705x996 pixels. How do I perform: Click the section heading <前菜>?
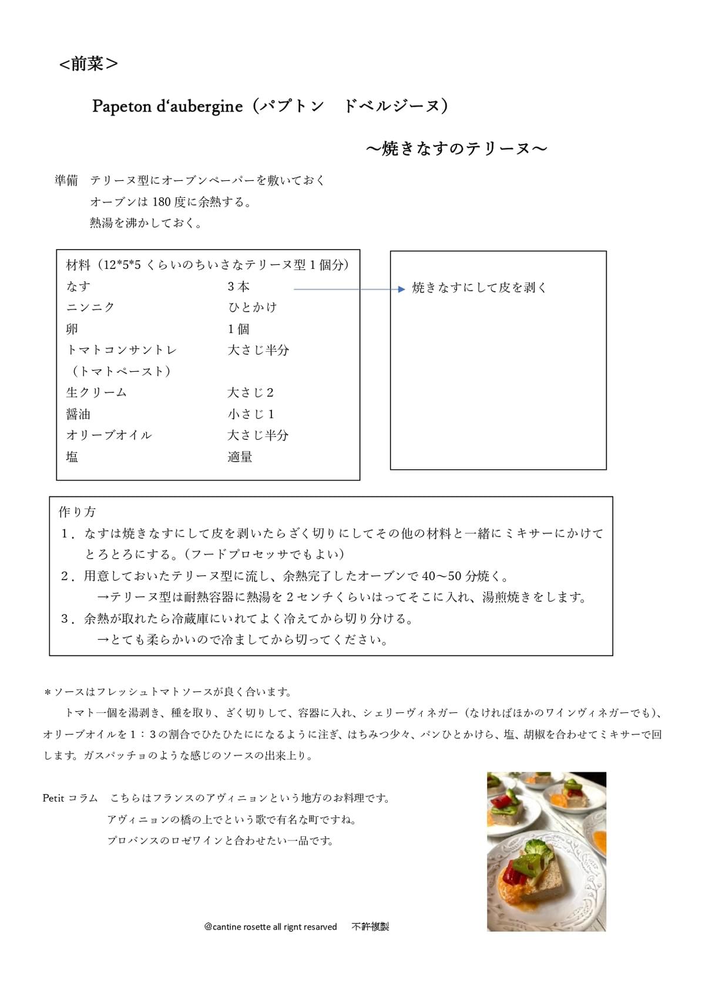pos(88,63)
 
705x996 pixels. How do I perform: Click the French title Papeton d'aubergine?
pos(167,106)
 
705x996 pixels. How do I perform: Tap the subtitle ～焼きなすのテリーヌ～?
pos(456,149)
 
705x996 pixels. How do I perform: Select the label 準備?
pos(66,180)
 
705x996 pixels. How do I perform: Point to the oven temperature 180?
pos(162,202)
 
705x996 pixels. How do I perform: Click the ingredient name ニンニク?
pos(90,307)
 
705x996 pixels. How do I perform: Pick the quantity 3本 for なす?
pos(239,287)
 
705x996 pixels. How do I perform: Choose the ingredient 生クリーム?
pos(96,392)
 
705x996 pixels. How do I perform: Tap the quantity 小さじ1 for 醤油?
pos(251,414)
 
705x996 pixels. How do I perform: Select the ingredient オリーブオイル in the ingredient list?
pos(109,435)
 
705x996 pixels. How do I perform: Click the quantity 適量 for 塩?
pos(240,457)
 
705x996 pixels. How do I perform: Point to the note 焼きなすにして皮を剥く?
pos(479,288)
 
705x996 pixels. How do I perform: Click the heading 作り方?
pos(77,512)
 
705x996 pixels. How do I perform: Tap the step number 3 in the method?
pos(65,619)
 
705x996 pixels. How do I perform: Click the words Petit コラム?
pos(70,798)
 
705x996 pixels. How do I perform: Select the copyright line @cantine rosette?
pos(270,927)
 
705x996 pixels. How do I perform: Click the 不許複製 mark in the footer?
pos(370,927)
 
